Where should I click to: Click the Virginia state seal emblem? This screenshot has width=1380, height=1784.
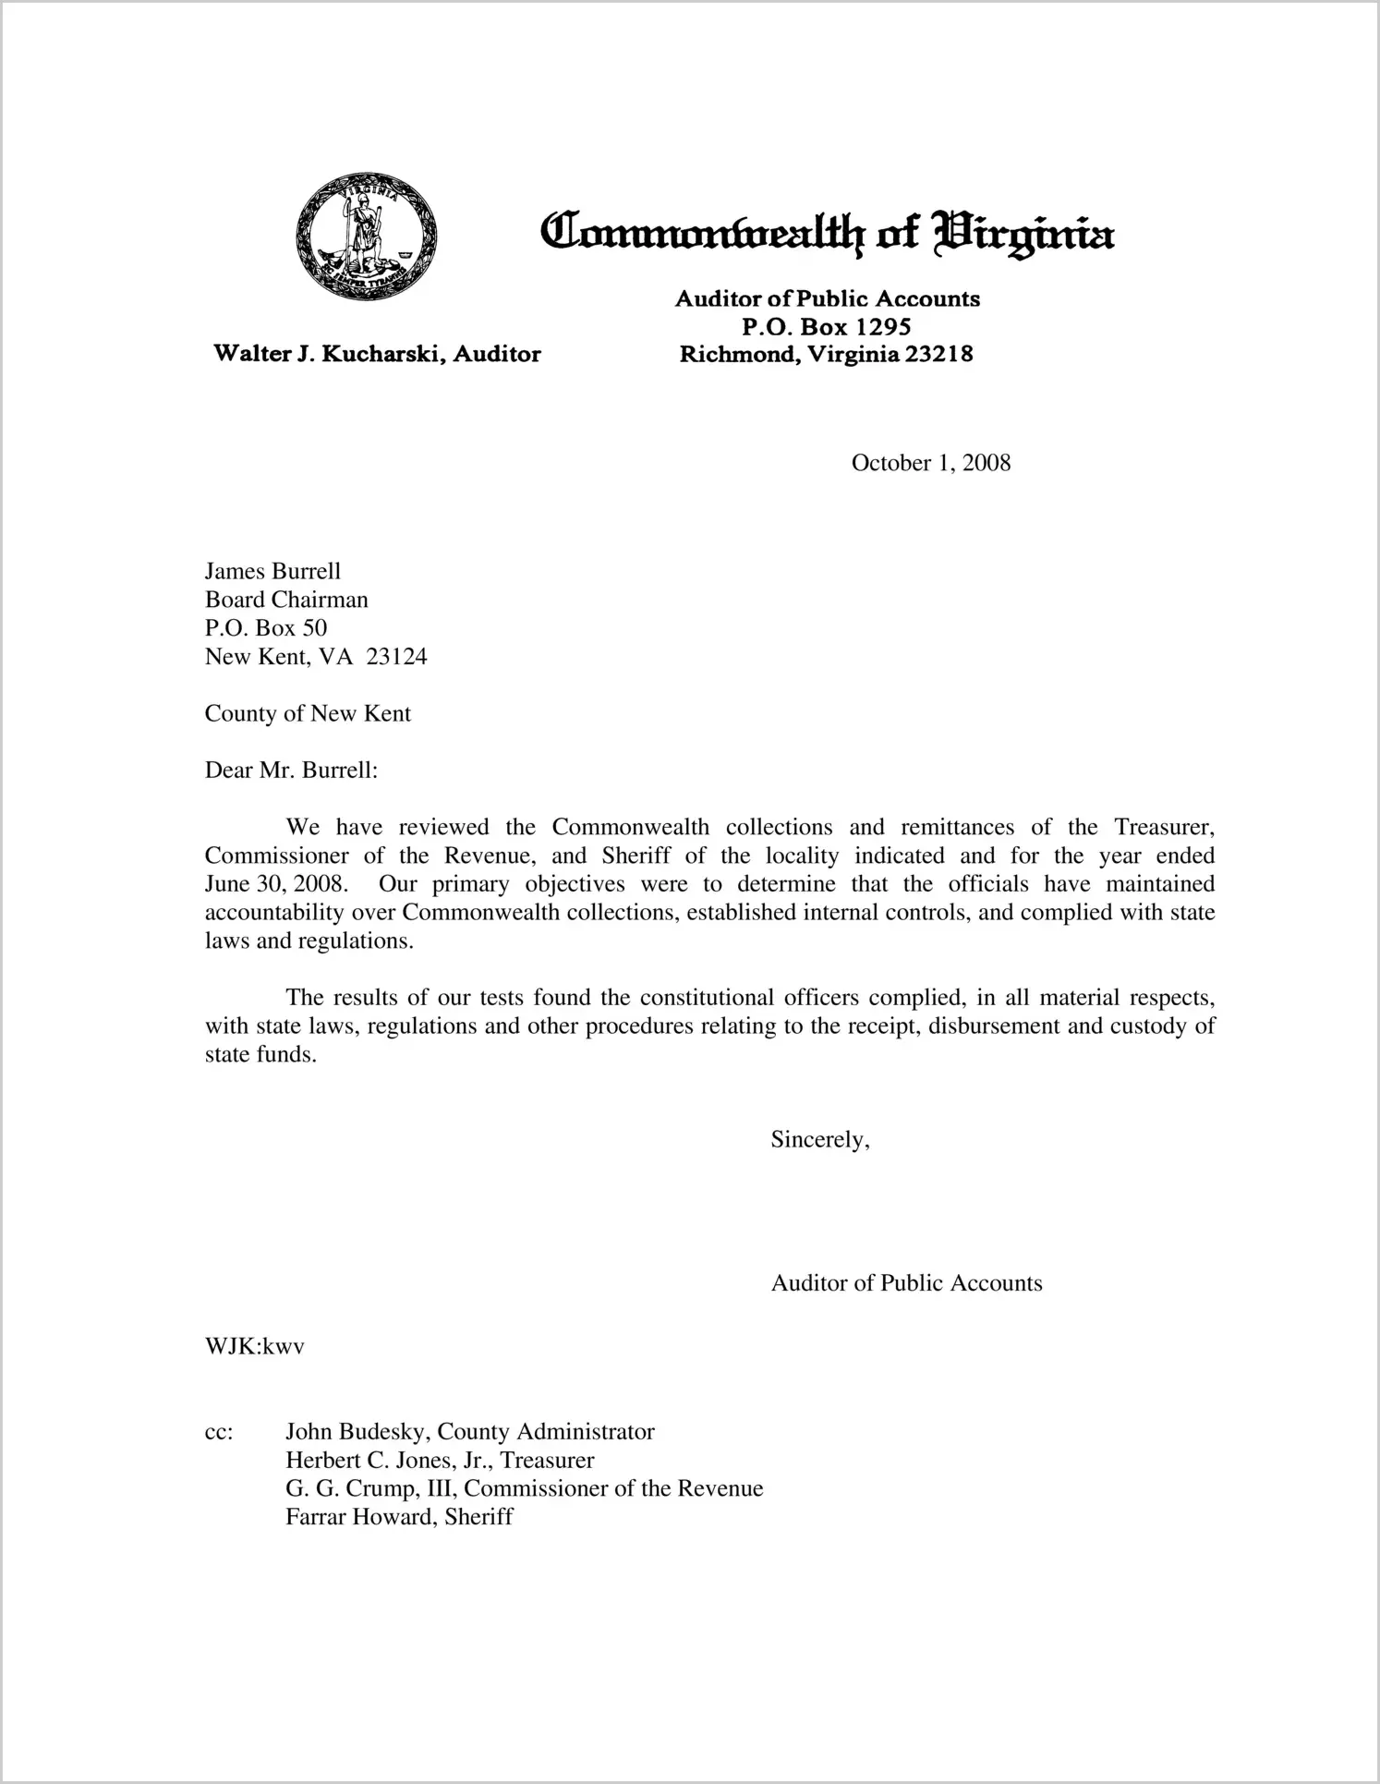pyautogui.click(x=366, y=236)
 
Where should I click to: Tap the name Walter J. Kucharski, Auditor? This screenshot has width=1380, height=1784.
pyautogui.click(x=377, y=354)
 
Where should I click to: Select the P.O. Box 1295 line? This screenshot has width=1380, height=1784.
pyautogui.click(x=827, y=326)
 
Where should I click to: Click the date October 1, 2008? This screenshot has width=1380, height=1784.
pyautogui.click(x=930, y=463)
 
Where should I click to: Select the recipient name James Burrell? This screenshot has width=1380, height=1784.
pyautogui.click(x=272, y=572)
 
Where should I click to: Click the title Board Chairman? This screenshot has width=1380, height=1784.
pyautogui.click(x=286, y=601)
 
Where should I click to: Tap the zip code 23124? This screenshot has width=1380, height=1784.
pyautogui.click(x=396, y=657)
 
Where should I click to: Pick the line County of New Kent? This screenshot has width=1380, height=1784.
pyautogui.click(x=308, y=714)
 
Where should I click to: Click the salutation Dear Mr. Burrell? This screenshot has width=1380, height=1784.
pyautogui.click(x=291, y=771)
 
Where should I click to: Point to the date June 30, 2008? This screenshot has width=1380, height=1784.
pyautogui.click(x=276, y=884)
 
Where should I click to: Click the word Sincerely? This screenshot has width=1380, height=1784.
pyautogui.click(x=820, y=1140)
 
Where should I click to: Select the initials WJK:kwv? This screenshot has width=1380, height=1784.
pyautogui.click(x=255, y=1347)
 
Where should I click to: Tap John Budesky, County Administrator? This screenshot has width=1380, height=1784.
pyautogui.click(x=469, y=1432)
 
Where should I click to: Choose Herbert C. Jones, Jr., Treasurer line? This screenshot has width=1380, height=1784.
pyautogui.click(x=440, y=1461)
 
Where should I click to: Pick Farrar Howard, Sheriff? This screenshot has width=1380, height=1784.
pyautogui.click(x=399, y=1517)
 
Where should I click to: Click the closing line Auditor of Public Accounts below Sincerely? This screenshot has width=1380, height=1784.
pyautogui.click(x=906, y=1283)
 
